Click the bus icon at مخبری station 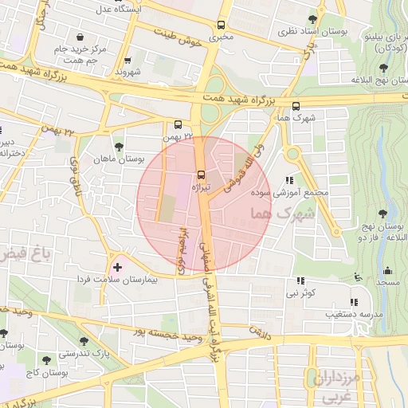click(x=221, y=25)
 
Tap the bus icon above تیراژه click(x=200, y=175)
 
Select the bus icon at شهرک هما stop click(x=296, y=105)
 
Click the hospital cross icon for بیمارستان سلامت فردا click(x=119, y=267)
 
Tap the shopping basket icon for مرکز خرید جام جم click(x=80, y=37)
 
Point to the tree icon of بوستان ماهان click(x=119, y=147)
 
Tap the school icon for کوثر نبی click(x=300, y=280)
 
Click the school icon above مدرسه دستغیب click(x=354, y=302)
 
